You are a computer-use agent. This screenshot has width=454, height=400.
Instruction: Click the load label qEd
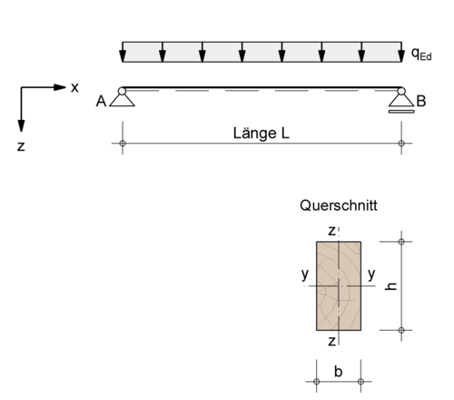tap(421, 54)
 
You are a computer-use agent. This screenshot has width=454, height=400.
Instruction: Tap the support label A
tap(101, 101)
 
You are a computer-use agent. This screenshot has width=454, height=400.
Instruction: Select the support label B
tap(421, 101)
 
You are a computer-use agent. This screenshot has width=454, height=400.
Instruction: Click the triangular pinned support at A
tap(122, 100)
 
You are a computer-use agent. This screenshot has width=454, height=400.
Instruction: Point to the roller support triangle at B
tap(401, 101)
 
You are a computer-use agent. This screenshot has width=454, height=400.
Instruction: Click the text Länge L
tap(262, 134)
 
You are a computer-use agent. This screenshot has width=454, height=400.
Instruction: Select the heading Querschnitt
tap(339, 205)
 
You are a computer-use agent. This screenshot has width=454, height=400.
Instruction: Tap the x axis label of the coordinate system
tap(74, 87)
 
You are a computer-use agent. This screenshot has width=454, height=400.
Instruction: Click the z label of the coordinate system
tap(21, 146)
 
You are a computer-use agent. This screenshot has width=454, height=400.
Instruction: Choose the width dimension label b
tap(339, 372)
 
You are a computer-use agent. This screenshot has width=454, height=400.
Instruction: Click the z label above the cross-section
tap(331, 231)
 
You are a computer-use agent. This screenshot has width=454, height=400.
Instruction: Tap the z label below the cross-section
tap(331, 342)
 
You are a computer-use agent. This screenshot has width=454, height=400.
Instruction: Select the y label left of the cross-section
tap(305, 275)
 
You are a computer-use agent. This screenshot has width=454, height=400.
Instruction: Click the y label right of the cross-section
tap(371, 275)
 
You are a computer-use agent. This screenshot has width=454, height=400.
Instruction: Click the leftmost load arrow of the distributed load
tap(123, 52)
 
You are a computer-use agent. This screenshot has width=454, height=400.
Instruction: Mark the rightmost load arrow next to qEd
tap(401, 52)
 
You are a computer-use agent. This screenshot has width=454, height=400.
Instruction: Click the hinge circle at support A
tap(122, 91)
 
